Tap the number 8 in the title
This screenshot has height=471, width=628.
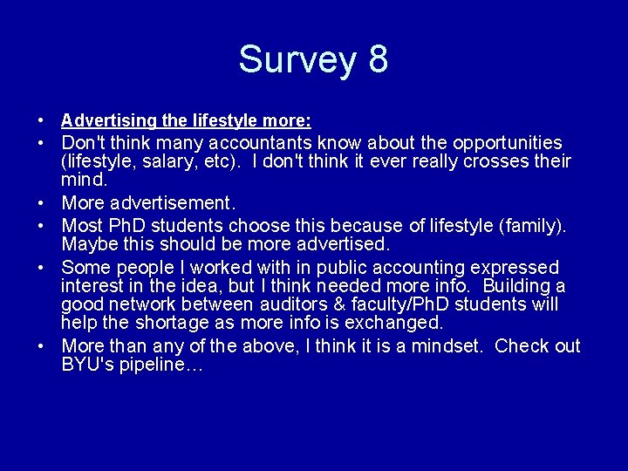click(377, 60)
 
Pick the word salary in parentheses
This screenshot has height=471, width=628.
click(168, 161)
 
